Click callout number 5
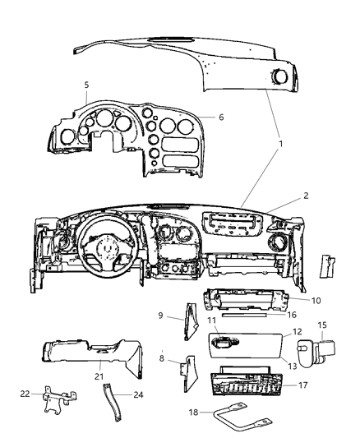pos(86,84)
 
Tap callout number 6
pos(221,118)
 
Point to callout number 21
pos(99,377)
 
